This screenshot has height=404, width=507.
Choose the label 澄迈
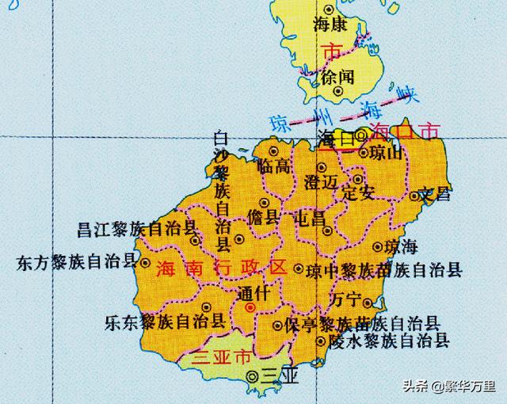321,183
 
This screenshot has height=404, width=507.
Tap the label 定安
356,192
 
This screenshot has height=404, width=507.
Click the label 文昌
436,193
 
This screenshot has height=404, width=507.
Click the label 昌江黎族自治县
137,230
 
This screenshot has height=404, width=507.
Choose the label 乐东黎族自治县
165,322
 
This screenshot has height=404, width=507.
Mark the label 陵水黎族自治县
388,341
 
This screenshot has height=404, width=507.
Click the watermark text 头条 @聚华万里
448,387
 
